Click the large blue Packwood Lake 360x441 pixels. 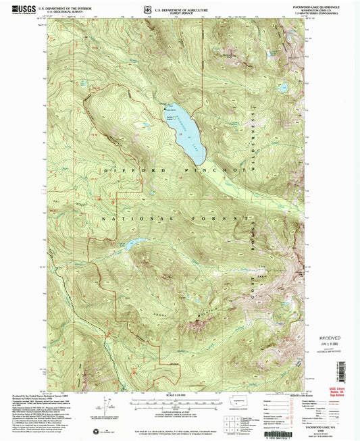coord(186,132)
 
